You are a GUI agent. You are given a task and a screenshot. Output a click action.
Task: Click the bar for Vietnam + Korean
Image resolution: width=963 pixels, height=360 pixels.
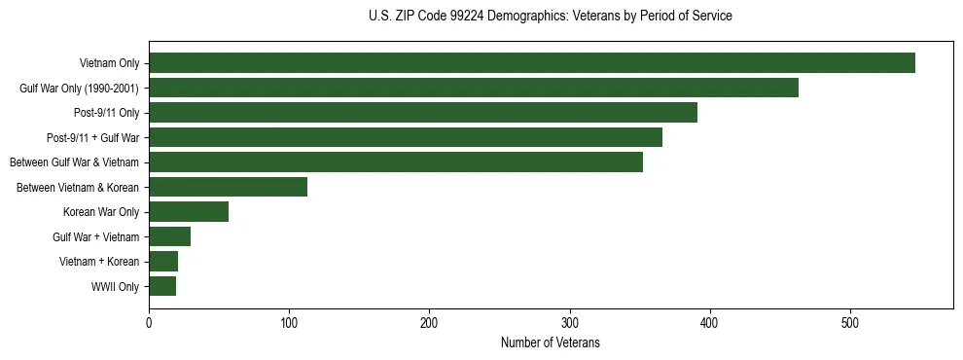tap(163, 262)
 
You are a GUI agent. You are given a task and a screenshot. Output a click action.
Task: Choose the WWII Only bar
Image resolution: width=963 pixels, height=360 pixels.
tap(162, 286)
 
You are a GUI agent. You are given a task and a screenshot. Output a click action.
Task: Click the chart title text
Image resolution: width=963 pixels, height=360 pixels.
tap(551, 17)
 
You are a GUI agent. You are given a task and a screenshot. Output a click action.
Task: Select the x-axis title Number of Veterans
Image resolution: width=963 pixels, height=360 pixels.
tap(551, 343)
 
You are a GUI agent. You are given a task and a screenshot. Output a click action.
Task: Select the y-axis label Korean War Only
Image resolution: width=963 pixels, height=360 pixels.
tap(101, 212)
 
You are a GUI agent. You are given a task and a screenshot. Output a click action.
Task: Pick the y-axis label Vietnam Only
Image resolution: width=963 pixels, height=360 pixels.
tap(109, 63)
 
